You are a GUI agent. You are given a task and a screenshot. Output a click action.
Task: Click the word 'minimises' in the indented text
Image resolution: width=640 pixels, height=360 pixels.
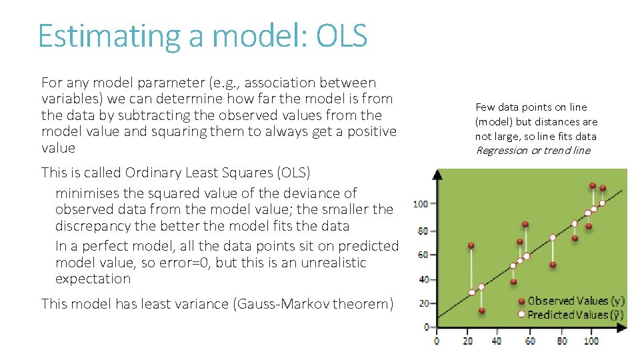(89, 193)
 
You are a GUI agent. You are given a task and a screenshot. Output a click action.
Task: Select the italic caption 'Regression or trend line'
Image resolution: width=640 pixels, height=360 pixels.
(533, 150)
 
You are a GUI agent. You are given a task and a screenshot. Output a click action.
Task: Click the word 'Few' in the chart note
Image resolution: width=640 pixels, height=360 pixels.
(485, 107)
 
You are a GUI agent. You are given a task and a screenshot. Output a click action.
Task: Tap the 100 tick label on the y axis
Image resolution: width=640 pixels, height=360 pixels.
(421, 203)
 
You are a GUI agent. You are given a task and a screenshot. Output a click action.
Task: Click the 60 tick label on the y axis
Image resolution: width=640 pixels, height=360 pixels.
(423, 255)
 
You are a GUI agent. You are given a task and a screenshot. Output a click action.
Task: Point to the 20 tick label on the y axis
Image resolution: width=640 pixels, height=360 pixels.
(423, 303)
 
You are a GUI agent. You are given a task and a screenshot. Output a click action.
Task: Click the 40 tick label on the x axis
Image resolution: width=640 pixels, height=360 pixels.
(497, 341)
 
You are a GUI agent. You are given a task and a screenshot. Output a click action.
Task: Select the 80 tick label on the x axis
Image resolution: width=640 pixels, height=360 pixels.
(562, 341)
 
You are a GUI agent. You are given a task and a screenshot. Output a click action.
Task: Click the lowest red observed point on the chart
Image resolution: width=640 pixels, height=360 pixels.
(482, 311)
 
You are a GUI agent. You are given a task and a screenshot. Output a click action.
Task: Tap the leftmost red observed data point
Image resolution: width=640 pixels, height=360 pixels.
(471, 245)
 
